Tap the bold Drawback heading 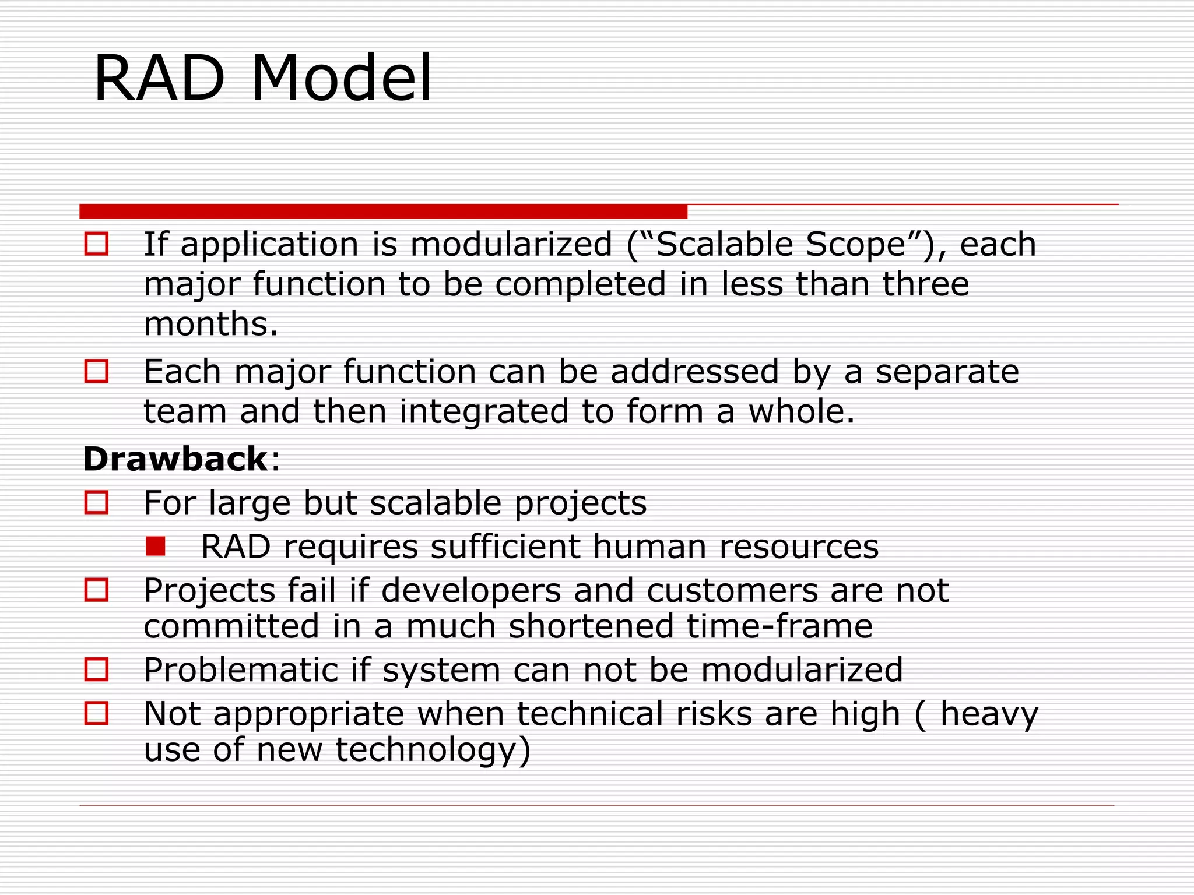pos(175,459)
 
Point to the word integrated pos(483,411)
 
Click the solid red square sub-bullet pos(156,547)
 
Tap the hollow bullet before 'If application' pos(97,244)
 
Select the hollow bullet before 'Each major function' pos(97,371)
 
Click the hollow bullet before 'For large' pos(97,502)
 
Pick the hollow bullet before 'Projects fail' pos(97,590)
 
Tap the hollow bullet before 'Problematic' pos(97,670)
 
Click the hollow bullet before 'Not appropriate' pos(97,713)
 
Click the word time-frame pos(779,626)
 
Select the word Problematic pos(240,670)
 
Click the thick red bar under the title pos(383,211)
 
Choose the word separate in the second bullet pos(947,372)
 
